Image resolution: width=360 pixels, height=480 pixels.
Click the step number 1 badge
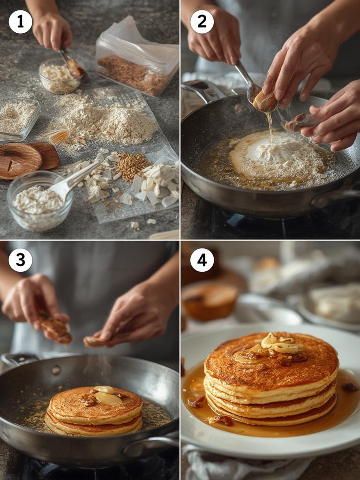(20, 22)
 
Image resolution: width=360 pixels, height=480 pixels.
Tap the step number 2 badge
(202, 22)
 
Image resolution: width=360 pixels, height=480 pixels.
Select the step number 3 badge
(20, 260)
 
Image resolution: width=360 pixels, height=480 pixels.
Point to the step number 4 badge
(202, 260)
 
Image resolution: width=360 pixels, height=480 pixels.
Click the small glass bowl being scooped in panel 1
(60, 76)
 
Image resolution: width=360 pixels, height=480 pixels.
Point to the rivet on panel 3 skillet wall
(56, 370)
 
